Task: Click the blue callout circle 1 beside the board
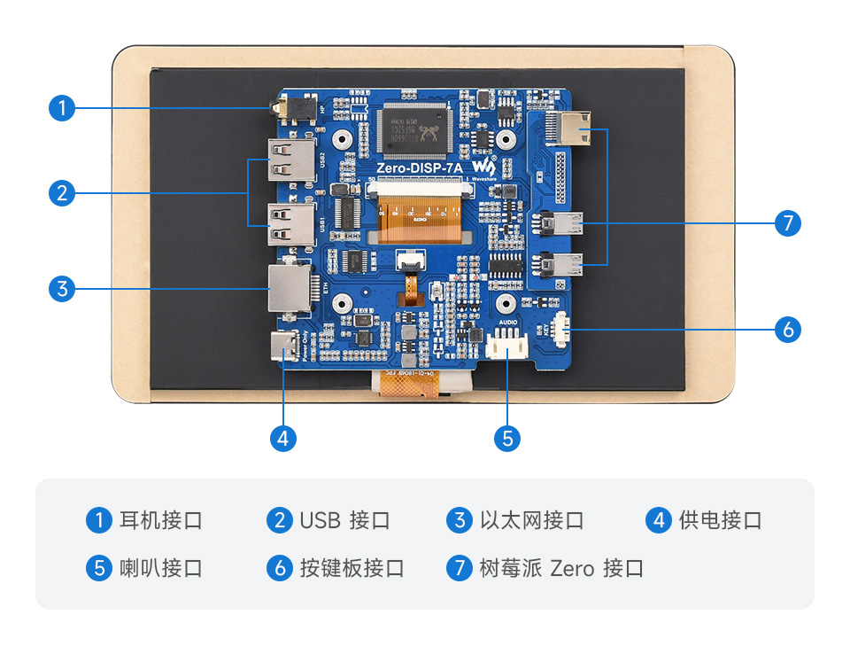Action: pyautogui.click(x=61, y=108)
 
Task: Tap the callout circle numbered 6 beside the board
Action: pyautogui.click(x=787, y=330)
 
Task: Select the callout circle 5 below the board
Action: pyautogui.click(x=506, y=438)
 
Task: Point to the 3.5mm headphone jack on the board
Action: pyautogui.click(x=292, y=109)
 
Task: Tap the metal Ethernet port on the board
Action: pyautogui.click(x=290, y=288)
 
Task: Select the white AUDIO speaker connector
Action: pyautogui.click(x=507, y=346)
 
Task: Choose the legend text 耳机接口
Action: pyautogui.click(x=160, y=520)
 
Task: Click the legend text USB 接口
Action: pyautogui.click(x=344, y=520)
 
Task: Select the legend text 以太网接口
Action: pyautogui.click(x=531, y=520)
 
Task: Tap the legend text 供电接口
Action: pyautogui.click(x=720, y=520)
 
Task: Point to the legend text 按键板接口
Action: pyautogui.click(x=352, y=568)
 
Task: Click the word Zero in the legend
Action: pyautogui.click(x=572, y=568)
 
